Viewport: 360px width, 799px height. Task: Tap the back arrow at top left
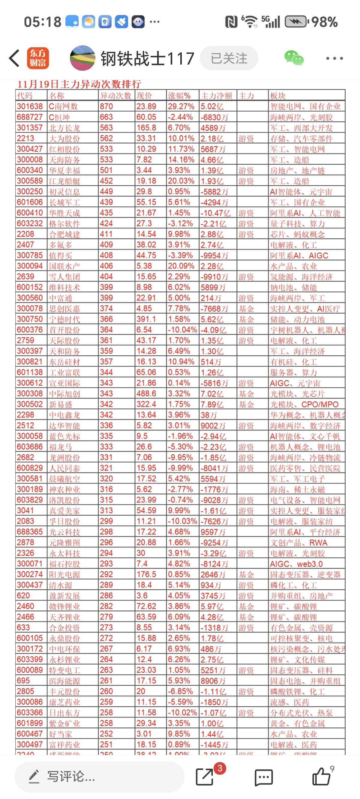pyautogui.click(x=14, y=58)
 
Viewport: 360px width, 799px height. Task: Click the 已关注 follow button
pyautogui.click(x=229, y=58)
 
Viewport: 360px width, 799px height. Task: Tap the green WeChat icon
pyautogui.click(x=294, y=58)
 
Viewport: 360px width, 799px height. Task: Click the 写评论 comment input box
pyautogui.click(x=99, y=777)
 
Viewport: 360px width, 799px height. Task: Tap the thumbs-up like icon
pyautogui.click(x=321, y=777)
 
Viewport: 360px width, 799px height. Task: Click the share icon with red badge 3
pyautogui.click(x=205, y=777)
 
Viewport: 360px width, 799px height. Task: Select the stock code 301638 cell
pyautogui.click(x=30, y=106)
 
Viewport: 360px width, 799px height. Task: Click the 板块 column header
pyautogui.click(x=278, y=96)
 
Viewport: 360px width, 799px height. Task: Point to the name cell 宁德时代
pyautogui.click(x=64, y=319)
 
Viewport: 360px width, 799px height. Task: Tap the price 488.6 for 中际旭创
pyautogui.click(x=146, y=394)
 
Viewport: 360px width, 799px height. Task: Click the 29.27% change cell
pyautogui.click(x=181, y=106)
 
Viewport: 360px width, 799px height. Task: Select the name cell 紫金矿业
pyautogui.click(x=64, y=723)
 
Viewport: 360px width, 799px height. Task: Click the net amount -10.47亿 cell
pyautogui.click(x=215, y=213)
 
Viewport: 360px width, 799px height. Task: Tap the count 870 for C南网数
pyautogui.click(x=106, y=106)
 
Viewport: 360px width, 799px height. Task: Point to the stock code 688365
pyautogui.click(x=30, y=532)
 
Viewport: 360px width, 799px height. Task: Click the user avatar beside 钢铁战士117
pyautogui.click(x=82, y=58)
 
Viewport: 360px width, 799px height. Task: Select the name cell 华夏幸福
pyautogui.click(x=64, y=170)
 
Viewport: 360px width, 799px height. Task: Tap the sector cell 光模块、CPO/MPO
pyautogui.click(x=304, y=405)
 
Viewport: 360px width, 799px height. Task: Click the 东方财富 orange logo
pyautogui.click(x=38, y=58)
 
